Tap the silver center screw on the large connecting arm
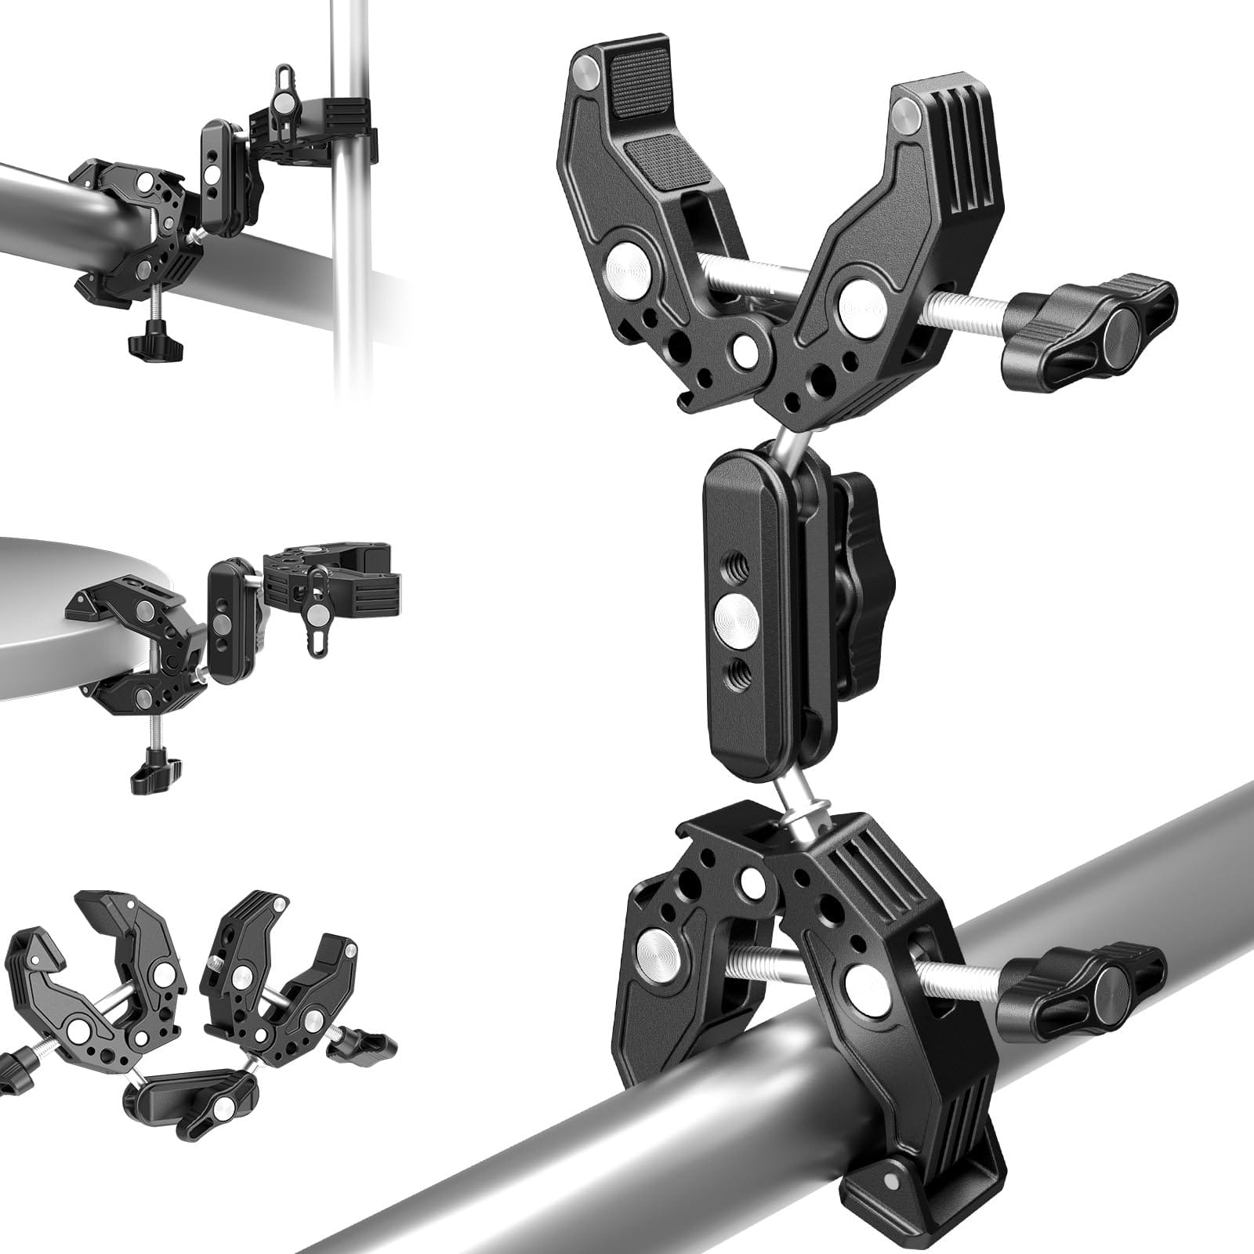pyautogui.click(x=738, y=611)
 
